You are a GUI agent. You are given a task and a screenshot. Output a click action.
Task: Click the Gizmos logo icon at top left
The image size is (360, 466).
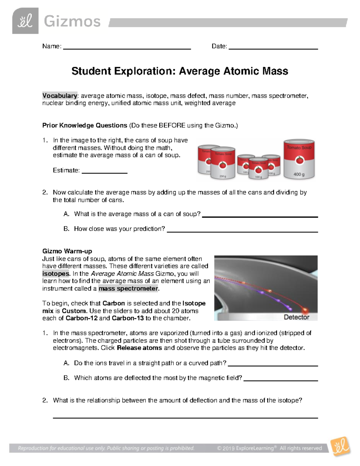point(25,21)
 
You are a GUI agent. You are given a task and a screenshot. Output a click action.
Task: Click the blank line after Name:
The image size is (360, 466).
point(127,48)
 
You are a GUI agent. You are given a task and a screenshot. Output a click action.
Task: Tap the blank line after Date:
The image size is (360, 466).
point(273,48)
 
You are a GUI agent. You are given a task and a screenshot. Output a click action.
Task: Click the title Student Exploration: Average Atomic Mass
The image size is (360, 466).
point(180,71)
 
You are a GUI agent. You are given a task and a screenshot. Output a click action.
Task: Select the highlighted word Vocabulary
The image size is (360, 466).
point(60,96)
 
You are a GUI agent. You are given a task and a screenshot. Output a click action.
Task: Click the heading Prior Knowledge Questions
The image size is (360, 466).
point(85,125)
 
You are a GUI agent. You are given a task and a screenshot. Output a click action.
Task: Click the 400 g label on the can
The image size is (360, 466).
point(299,174)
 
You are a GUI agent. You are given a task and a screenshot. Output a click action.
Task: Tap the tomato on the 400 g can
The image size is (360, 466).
point(299,160)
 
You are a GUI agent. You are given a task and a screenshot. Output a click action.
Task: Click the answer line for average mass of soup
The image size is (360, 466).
point(260,216)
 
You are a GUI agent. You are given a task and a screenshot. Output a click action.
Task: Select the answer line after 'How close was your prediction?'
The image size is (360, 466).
point(242,231)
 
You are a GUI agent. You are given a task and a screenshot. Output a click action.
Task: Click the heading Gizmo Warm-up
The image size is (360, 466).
point(67,251)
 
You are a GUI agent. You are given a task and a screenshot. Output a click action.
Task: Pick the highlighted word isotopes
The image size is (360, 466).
point(56,274)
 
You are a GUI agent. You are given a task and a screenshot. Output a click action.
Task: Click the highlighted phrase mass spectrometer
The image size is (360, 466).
point(128,289)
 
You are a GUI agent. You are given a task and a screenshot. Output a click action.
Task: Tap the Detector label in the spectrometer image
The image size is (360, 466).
point(296,317)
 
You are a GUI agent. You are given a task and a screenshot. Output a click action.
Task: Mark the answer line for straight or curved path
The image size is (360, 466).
point(273,365)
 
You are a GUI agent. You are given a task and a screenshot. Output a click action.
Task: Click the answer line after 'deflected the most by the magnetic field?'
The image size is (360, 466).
point(280,380)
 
